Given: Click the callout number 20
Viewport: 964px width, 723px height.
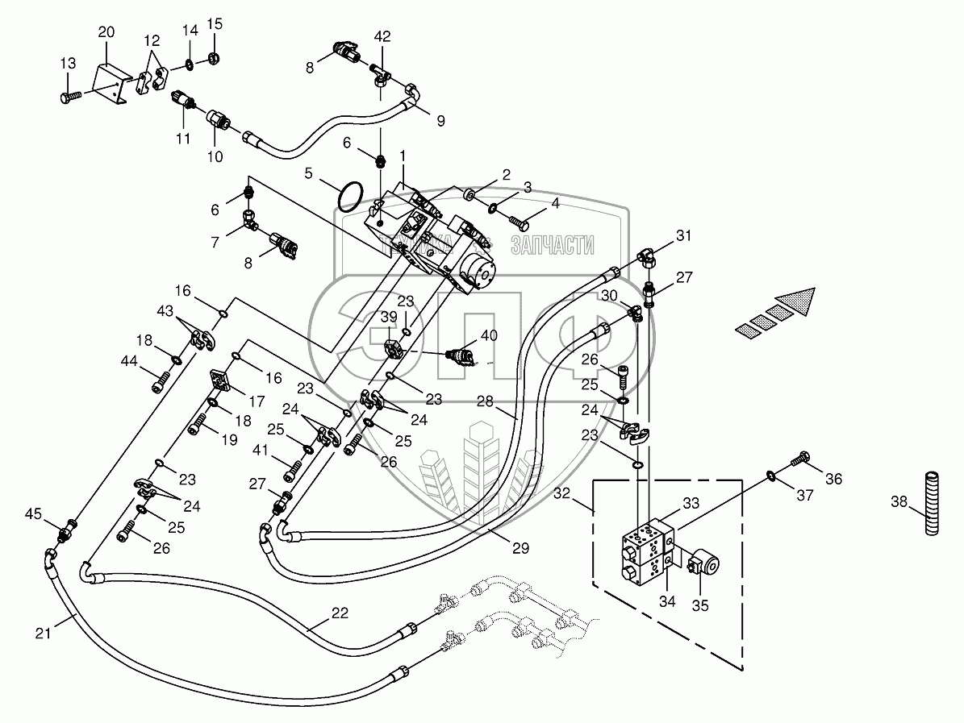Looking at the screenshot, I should [x=106, y=32].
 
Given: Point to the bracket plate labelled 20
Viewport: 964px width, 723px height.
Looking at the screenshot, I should [x=110, y=81].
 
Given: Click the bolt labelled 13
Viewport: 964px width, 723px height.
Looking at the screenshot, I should [x=68, y=97].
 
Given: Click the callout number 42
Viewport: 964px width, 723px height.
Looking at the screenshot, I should [x=382, y=36].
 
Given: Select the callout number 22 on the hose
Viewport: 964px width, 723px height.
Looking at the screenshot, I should [x=340, y=613].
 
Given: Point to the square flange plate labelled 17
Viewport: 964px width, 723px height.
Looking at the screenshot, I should [x=221, y=380].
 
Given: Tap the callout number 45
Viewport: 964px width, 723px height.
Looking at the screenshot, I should [x=32, y=514].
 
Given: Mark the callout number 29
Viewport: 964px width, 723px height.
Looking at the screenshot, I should [x=520, y=549].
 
